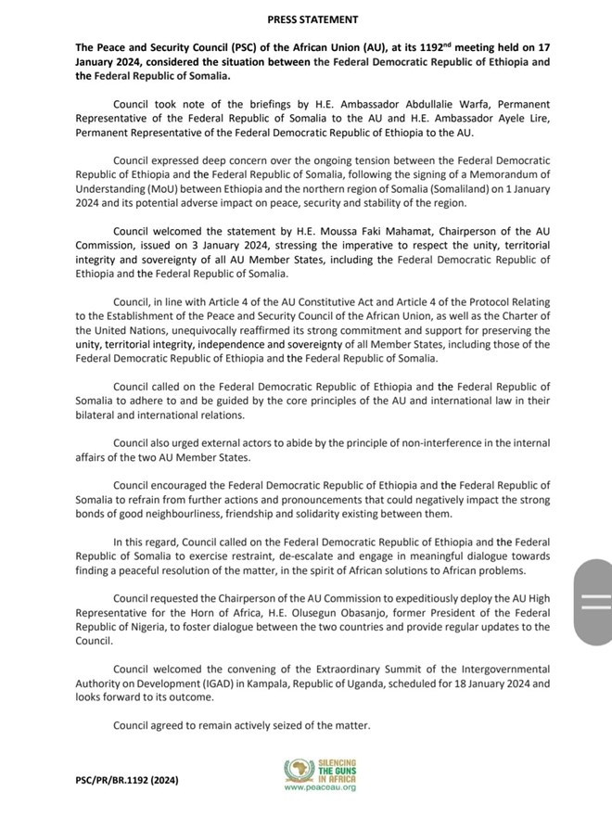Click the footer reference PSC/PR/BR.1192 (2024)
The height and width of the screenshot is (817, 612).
pos(128,781)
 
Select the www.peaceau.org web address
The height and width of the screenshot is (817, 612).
pos(319,786)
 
